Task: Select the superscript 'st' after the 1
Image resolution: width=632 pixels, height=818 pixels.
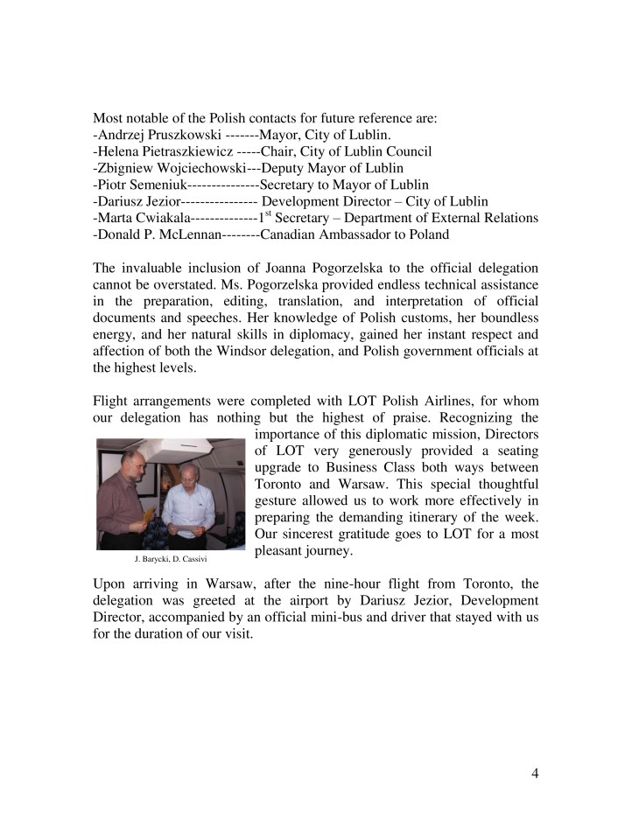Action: pyautogui.click(x=268, y=213)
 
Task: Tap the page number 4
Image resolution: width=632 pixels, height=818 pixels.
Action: pyautogui.click(x=535, y=773)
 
